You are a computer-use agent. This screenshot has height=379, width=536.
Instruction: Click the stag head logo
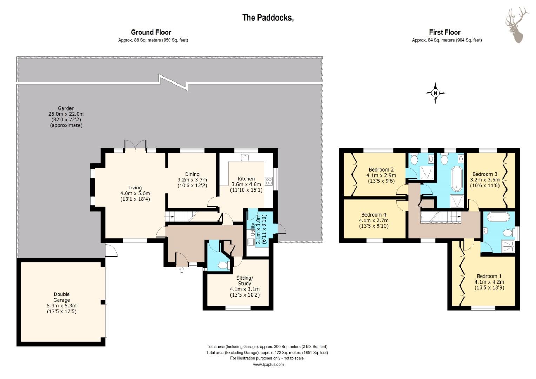point(516,25)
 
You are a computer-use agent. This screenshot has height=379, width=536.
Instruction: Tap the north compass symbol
point(435,93)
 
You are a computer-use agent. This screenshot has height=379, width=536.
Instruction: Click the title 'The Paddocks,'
point(268,18)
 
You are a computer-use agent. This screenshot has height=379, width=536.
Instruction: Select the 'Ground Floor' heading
point(151,32)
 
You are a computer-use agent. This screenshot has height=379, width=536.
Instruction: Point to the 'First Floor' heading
point(444,32)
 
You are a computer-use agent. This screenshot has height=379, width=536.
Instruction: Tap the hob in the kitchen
point(269,181)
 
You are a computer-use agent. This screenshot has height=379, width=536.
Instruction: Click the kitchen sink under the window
point(245,157)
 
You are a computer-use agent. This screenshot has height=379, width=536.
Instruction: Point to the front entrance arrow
point(182,270)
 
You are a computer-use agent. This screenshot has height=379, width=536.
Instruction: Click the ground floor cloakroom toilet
point(223,265)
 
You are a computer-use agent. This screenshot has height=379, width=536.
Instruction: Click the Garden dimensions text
point(66,117)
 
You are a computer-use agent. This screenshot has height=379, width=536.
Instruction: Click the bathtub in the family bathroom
point(457,179)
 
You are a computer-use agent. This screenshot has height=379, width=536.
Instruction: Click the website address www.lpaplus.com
point(268,364)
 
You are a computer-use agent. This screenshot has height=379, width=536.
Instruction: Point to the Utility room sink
point(250,242)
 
